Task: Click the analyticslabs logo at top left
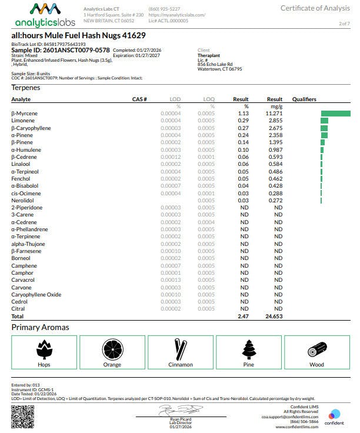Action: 45,15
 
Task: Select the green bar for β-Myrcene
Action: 335,114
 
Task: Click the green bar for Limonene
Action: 324,121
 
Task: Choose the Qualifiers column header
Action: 304,99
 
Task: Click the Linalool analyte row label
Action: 22,164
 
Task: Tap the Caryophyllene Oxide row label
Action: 36,294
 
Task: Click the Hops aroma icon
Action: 44,349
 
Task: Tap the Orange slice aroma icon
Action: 112,349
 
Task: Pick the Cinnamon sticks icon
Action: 180,349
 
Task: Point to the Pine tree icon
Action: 249,349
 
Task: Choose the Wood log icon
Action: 316,350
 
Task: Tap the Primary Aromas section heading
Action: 40,327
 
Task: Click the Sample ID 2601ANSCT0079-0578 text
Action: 61,50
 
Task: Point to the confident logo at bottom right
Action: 335,417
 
